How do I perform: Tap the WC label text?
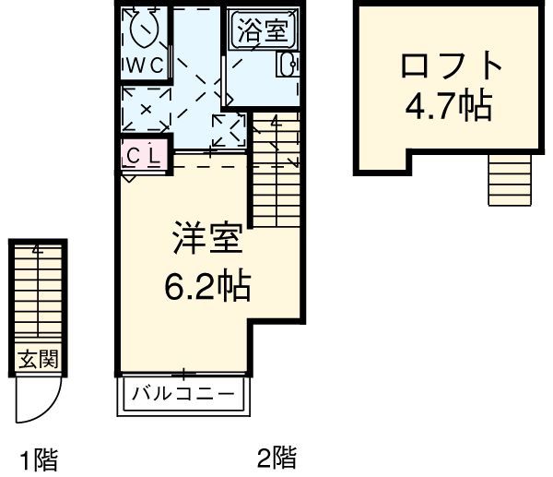pyautogui.click(x=145, y=66)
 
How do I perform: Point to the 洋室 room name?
pyautogui.click(x=207, y=239)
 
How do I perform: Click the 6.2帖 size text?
pyautogui.click(x=207, y=289)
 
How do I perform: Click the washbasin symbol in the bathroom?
pyautogui.click(x=287, y=64)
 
